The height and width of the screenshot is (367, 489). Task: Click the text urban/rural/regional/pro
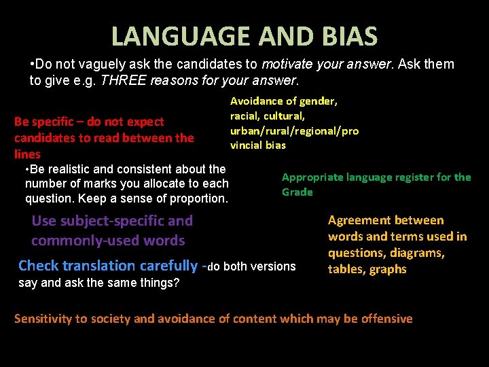click(294, 130)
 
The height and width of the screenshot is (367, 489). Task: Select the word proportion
click(202, 198)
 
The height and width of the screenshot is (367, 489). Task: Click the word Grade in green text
click(297, 192)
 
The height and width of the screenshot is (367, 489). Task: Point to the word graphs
click(388, 269)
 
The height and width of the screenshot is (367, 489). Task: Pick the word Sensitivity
click(46, 319)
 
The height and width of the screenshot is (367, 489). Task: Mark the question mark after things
click(177, 283)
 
